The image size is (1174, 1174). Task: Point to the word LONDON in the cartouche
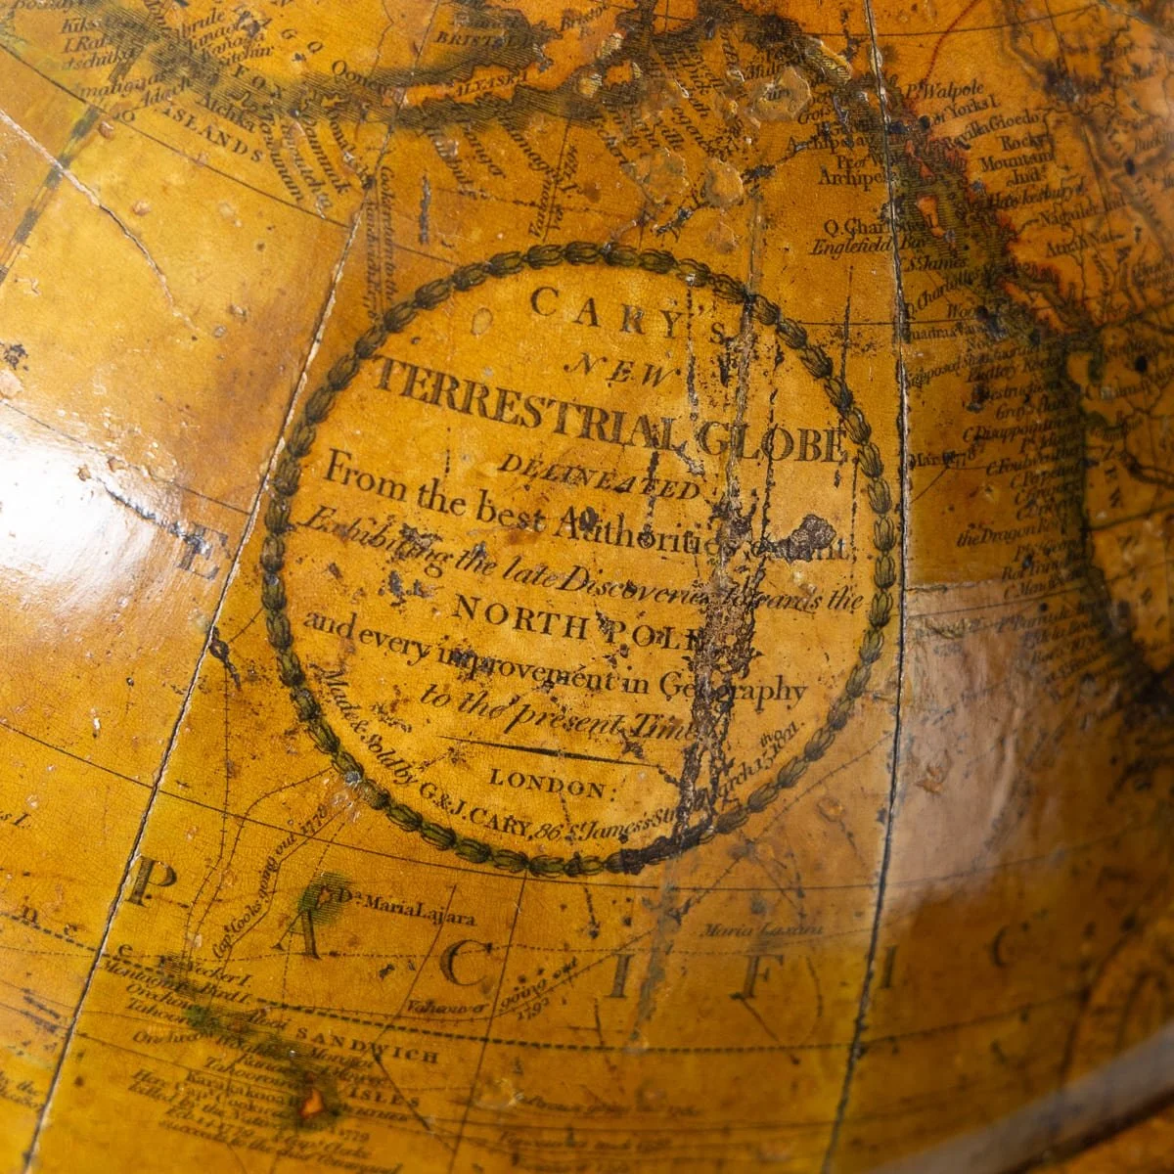(548, 784)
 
